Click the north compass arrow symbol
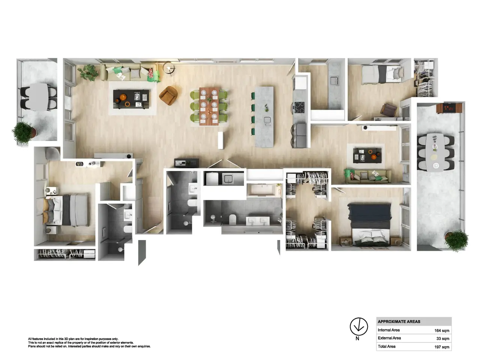click(x=358, y=327)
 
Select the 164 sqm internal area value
click(x=442, y=330)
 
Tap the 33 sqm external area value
click(x=443, y=339)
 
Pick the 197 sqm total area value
click(x=442, y=347)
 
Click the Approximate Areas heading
click(x=399, y=321)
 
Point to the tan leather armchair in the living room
click(x=168, y=96)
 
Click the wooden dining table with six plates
click(x=209, y=106)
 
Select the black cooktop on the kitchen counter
click(x=299, y=107)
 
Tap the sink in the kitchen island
click(x=267, y=120)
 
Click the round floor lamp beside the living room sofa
click(x=169, y=68)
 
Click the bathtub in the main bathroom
click(x=262, y=190)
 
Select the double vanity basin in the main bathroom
click(x=258, y=221)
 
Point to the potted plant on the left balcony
click(x=24, y=133)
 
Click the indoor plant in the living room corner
click(x=88, y=72)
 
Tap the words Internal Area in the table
click(x=388, y=330)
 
